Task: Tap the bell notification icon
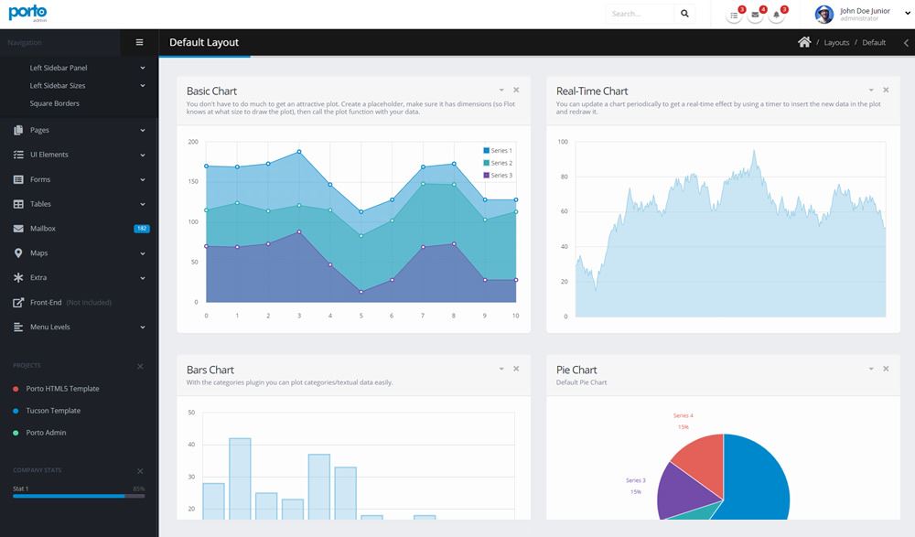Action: tap(777, 15)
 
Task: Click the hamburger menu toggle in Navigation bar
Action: tap(139, 42)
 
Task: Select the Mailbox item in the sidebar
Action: tap(43, 229)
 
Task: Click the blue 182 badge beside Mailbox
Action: tap(141, 229)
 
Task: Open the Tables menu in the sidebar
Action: tap(40, 204)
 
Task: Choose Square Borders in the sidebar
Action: tap(54, 103)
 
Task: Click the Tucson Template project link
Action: tap(53, 411)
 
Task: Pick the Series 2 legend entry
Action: tap(501, 163)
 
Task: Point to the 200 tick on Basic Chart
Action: tap(193, 142)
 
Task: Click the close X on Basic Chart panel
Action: tap(516, 90)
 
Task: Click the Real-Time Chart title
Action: tap(592, 91)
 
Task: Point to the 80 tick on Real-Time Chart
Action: tap(563, 177)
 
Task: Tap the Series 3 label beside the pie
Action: tap(635, 480)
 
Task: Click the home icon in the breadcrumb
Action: tap(804, 42)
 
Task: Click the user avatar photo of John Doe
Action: tap(823, 14)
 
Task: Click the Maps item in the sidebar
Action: tap(38, 253)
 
